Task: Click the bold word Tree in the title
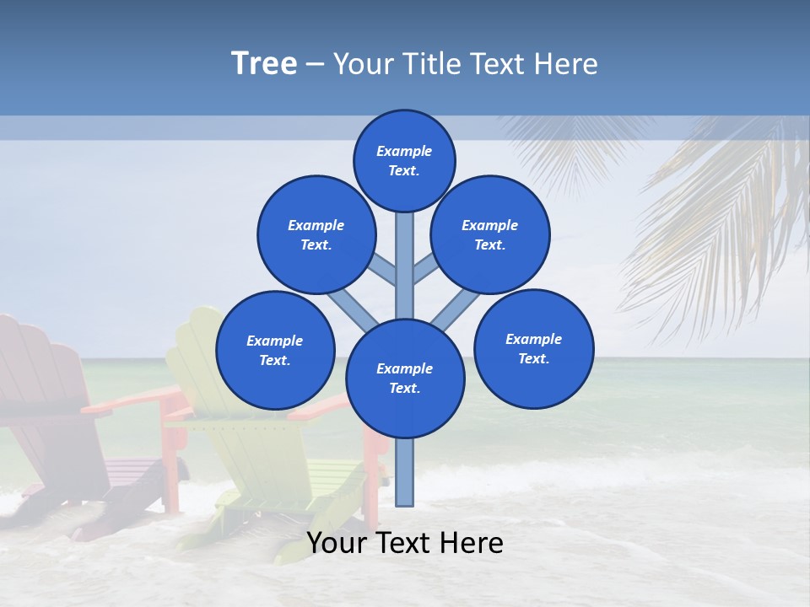tap(264, 64)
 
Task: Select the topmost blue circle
tap(404, 160)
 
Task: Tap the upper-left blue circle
tap(316, 234)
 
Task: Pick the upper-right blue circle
tap(490, 234)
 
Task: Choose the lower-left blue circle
tap(275, 350)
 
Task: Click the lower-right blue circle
tap(533, 348)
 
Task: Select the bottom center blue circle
tap(405, 379)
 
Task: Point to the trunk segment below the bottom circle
tap(405, 472)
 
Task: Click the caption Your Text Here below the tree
tap(405, 543)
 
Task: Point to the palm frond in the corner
tap(726, 219)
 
